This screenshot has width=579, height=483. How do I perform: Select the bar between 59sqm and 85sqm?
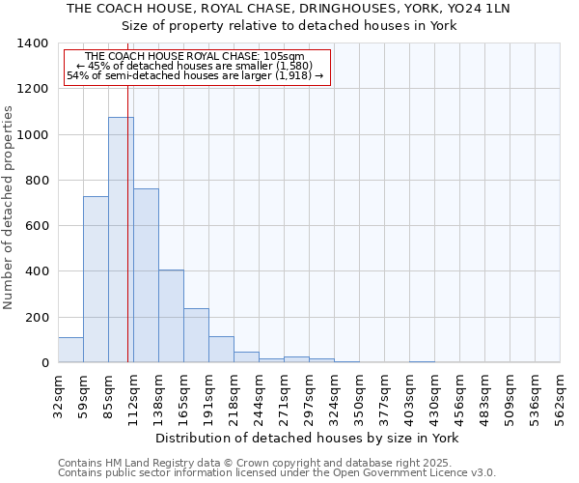tap(96, 280)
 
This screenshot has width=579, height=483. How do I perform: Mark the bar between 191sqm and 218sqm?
tap(221, 350)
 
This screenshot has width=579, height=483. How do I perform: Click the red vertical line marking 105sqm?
tap(127, 241)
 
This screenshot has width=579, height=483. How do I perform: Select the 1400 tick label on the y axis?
tap(33, 43)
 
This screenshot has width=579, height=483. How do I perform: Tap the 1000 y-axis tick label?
tap(33, 135)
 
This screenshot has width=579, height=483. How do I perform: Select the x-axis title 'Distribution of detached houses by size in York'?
tap(307, 438)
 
